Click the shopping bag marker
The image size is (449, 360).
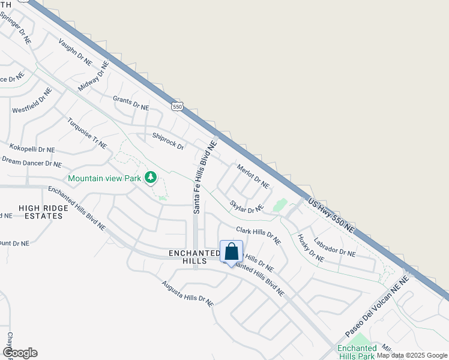pos(232,251)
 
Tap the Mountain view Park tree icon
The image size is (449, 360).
pos(150,178)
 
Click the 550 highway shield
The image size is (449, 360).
pos(176,107)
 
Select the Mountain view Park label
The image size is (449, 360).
pos(104,178)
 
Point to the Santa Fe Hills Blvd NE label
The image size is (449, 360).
pos(204,178)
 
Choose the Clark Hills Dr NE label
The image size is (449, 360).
pos(258,235)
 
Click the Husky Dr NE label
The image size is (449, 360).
pos(310,248)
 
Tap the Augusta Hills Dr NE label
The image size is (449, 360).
pos(187,293)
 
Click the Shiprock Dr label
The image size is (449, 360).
pos(168,141)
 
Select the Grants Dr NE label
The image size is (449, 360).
pos(131,103)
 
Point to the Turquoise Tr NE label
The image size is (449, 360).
pos(87,133)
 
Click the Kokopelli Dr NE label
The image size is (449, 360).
pos(31,148)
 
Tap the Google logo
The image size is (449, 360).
pos(20,353)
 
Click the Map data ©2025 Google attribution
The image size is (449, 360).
pos(412,355)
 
